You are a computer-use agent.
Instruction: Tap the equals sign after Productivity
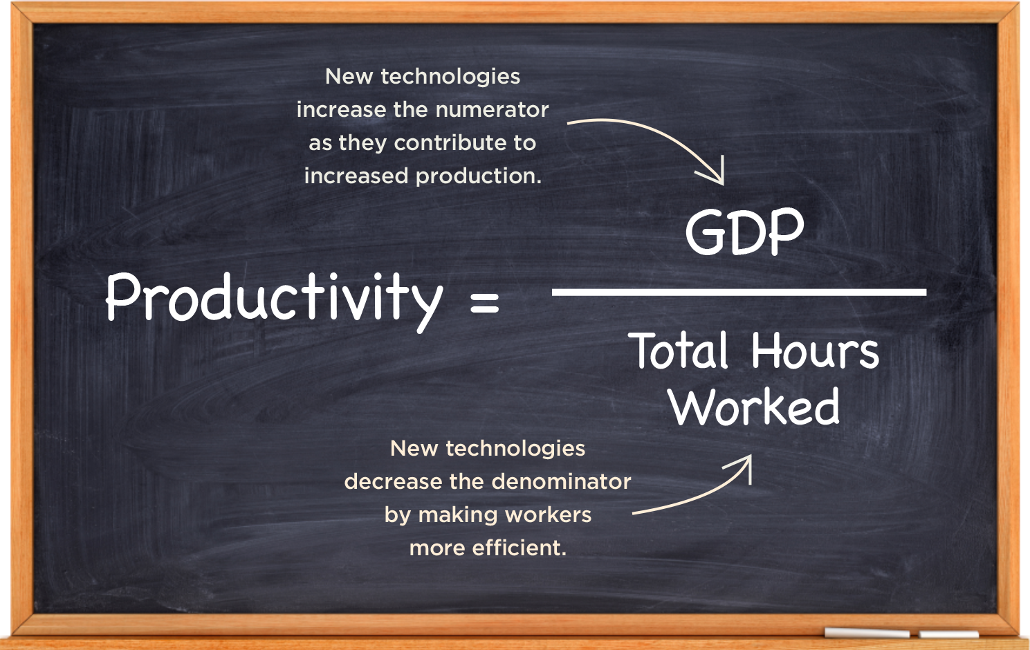(x=485, y=301)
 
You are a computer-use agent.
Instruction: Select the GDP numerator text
(x=744, y=231)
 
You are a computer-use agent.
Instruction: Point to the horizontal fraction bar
(x=739, y=292)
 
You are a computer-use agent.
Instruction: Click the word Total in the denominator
(x=678, y=351)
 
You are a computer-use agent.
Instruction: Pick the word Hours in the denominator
(x=816, y=351)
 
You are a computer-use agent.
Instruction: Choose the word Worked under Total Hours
(x=755, y=406)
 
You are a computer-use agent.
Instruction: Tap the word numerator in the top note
(x=492, y=110)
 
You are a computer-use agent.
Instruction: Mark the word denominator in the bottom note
(x=561, y=482)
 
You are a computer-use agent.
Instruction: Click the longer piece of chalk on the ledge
(x=867, y=633)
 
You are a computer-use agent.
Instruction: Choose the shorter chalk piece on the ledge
(x=948, y=634)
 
